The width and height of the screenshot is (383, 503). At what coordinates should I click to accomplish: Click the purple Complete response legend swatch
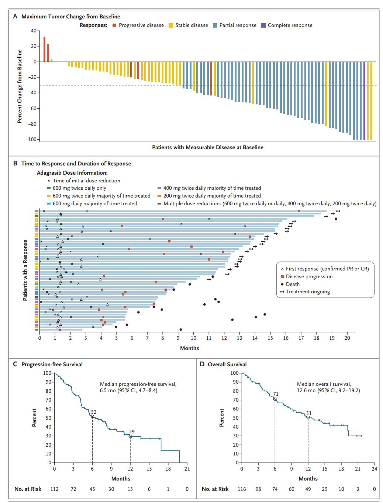tap(263, 25)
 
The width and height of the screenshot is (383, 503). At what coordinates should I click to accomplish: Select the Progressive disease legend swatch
tap(114, 25)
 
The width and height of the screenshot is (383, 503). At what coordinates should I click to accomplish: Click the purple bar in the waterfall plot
tap(364, 100)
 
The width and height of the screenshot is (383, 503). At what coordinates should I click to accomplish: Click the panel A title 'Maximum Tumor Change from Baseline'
tap(71, 17)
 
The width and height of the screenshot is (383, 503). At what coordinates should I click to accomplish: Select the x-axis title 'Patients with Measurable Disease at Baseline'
tap(208, 147)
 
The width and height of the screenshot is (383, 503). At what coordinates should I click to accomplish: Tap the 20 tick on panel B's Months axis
tap(347, 338)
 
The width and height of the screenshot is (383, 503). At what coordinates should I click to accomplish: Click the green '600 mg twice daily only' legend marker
tap(48, 188)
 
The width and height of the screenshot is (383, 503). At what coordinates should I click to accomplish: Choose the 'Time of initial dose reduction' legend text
tap(86, 181)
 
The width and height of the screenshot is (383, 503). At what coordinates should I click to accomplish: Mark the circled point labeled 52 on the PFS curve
tap(92, 417)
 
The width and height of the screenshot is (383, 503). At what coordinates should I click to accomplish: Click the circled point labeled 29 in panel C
tap(130, 436)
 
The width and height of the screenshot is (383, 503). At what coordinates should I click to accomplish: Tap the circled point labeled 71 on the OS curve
tap(275, 399)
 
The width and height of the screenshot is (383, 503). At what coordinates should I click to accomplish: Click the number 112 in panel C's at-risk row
tap(54, 489)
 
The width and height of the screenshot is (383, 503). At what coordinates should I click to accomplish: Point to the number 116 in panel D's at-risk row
tap(242, 489)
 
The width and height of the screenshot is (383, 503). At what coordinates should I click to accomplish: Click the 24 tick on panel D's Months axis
tap(374, 469)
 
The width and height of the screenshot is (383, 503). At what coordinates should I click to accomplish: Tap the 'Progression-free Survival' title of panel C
tap(52, 364)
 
